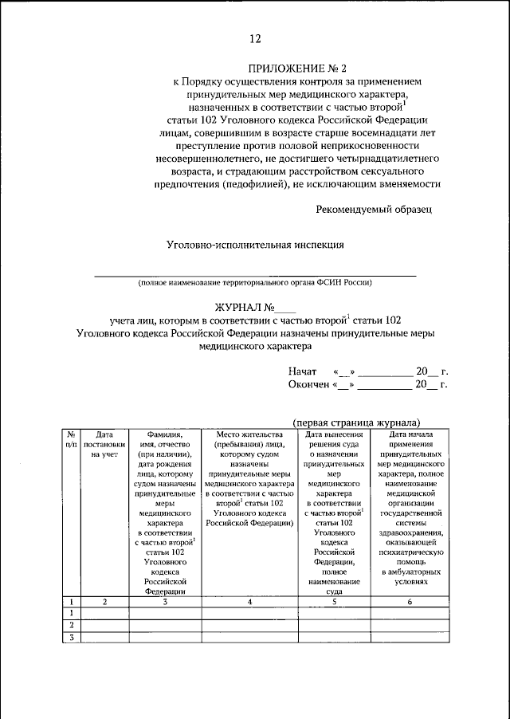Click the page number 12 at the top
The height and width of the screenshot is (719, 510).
pos(254,39)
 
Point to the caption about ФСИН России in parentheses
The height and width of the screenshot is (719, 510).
pos(255,283)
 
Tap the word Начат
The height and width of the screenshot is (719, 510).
pos(303,371)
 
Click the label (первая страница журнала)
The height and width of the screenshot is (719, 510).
pos(356,422)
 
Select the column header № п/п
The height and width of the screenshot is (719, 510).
pos(71,439)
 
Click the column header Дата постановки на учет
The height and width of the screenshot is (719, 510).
pos(104,444)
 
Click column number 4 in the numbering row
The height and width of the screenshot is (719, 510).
pos(249,602)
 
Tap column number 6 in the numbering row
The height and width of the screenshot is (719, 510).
pos(410,602)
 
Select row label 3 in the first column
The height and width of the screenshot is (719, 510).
pos(71,638)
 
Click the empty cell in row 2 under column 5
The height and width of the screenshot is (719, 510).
pos(334,626)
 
